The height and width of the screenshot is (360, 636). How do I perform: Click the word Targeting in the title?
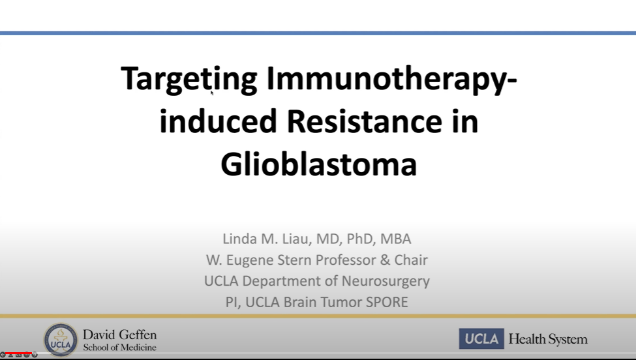tap(189, 79)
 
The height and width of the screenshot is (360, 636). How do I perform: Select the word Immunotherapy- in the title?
tap(391, 79)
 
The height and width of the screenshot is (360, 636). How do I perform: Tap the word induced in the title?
tap(219, 121)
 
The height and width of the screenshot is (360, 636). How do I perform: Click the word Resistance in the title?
tap(364, 121)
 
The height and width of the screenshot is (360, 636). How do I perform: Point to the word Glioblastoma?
tap(319, 164)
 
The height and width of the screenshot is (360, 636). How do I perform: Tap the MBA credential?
tap(395, 239)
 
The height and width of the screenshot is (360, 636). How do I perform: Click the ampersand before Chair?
tap(386, 260)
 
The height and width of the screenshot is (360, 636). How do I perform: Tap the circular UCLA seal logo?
tap(61, 340)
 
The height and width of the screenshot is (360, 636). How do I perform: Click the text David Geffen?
tap(119, 335)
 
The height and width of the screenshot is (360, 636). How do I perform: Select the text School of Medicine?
tap(119, 348)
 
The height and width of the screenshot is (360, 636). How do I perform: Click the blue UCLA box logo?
tap(481, 338)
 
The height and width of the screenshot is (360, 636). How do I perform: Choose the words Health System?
tap(548, 339)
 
